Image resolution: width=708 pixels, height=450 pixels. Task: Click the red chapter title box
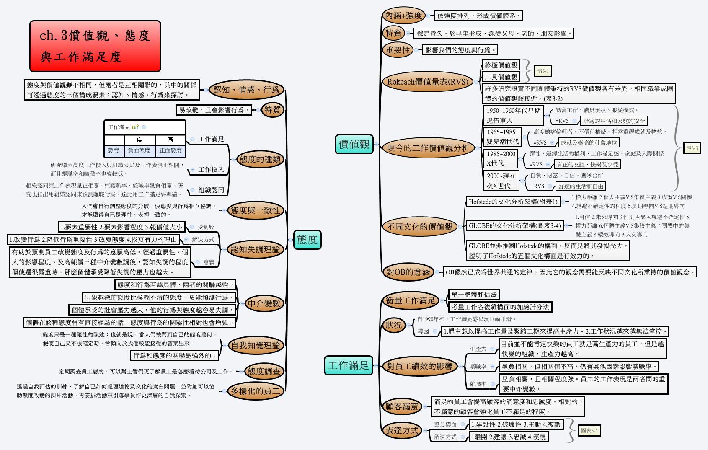[x=95, y=46]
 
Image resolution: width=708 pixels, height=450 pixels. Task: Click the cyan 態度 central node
[x=307, y=240]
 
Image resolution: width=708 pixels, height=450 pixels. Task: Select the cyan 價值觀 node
[x=354, y=144]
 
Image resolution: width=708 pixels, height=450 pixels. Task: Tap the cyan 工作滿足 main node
[x=348, y=365]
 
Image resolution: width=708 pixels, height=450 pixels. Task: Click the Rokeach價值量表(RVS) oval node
[x=427, y=82]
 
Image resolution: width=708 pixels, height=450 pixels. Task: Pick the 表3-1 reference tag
[x=543, y=71]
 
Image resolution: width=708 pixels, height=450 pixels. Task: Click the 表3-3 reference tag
[x=692, y=148]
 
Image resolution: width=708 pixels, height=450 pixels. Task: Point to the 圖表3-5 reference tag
[x=589, y=430]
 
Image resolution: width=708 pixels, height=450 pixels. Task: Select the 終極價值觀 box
[x=501, y=65]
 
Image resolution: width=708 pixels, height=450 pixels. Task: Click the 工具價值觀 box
[x=501, y=77]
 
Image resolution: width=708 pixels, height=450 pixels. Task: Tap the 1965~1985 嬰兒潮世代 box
[x=502, y=137]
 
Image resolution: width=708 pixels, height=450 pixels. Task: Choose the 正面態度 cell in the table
[x=171, y=150]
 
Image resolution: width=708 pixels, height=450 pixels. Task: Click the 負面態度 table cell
[x=139, y=150]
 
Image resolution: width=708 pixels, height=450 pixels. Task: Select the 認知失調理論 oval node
[x=255, y=249]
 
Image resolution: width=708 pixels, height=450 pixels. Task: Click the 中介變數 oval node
[x=264, y=303]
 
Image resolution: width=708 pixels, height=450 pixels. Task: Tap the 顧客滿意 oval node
[x=402, y=406]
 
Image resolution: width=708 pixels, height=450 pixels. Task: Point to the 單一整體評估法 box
[x=474, y=294]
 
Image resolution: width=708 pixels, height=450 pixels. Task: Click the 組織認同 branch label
[x=211, y=190]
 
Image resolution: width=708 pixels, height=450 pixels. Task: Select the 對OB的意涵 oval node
[x=408, y=272]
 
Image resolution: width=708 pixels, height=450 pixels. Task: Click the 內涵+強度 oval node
[x=403, y=16]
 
